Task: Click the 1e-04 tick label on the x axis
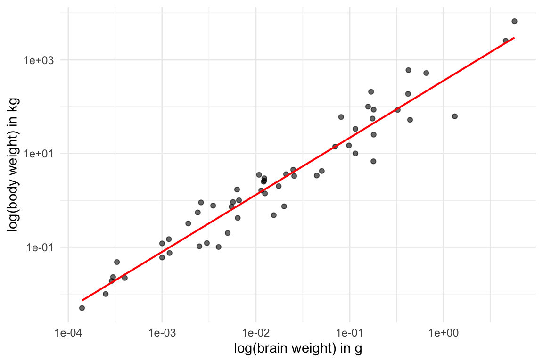coord(68,333)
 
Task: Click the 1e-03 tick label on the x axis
coord(162,333)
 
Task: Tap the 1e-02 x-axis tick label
coord(255,333)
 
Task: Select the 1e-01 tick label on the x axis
coord(349,333)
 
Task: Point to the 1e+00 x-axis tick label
coord(443,333)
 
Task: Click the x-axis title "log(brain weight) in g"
coord(298,349)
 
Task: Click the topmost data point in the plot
coord(514,21)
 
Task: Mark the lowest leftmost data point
coord(82,308)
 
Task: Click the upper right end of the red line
coord(514,38)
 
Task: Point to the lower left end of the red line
coord(82,300)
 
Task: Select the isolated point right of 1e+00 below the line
coord(455,116)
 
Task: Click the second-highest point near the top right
coord(506,41)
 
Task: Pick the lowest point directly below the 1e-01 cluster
coord(373,161)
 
